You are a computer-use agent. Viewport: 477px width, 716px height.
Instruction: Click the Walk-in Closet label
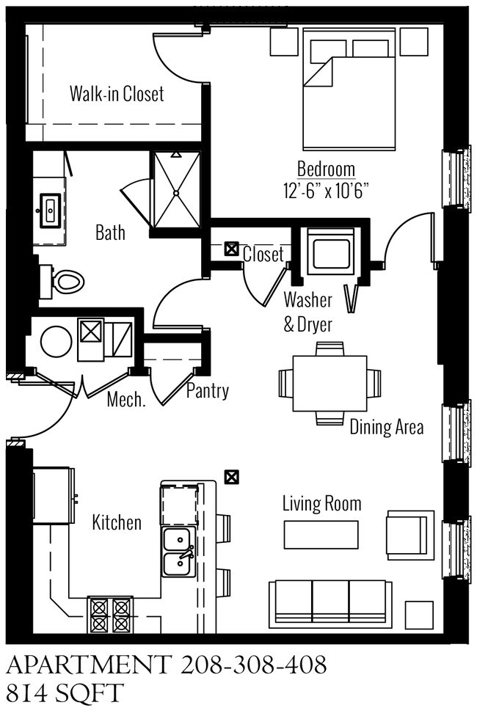pos(117,94)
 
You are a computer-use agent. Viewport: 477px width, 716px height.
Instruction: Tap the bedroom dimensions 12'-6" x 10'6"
pos(326,191)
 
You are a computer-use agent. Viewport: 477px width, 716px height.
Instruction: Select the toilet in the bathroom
pos(65,280)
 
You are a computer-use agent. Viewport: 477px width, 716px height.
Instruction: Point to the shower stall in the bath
pos(175,191)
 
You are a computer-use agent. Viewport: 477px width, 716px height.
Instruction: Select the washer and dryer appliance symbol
pos(331,252)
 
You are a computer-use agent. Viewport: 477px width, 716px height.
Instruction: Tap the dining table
pos(329,384)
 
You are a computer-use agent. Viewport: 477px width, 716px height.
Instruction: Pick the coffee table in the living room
pos(321,535)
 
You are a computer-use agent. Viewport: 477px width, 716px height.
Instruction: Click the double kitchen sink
pos(178,552)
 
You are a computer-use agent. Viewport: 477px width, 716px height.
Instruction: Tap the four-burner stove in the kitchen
pos(109,615)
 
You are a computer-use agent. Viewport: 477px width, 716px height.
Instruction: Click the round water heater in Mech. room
pos(56,341)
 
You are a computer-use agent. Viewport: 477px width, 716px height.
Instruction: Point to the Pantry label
pos(207,391)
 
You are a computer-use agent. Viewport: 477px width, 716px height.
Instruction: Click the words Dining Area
pos(386,427)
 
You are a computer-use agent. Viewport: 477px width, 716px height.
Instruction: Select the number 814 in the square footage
pos(28,693)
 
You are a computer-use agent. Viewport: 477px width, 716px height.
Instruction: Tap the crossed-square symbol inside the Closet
pos(231,249)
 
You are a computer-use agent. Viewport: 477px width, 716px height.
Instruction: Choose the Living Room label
pos(322,503)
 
